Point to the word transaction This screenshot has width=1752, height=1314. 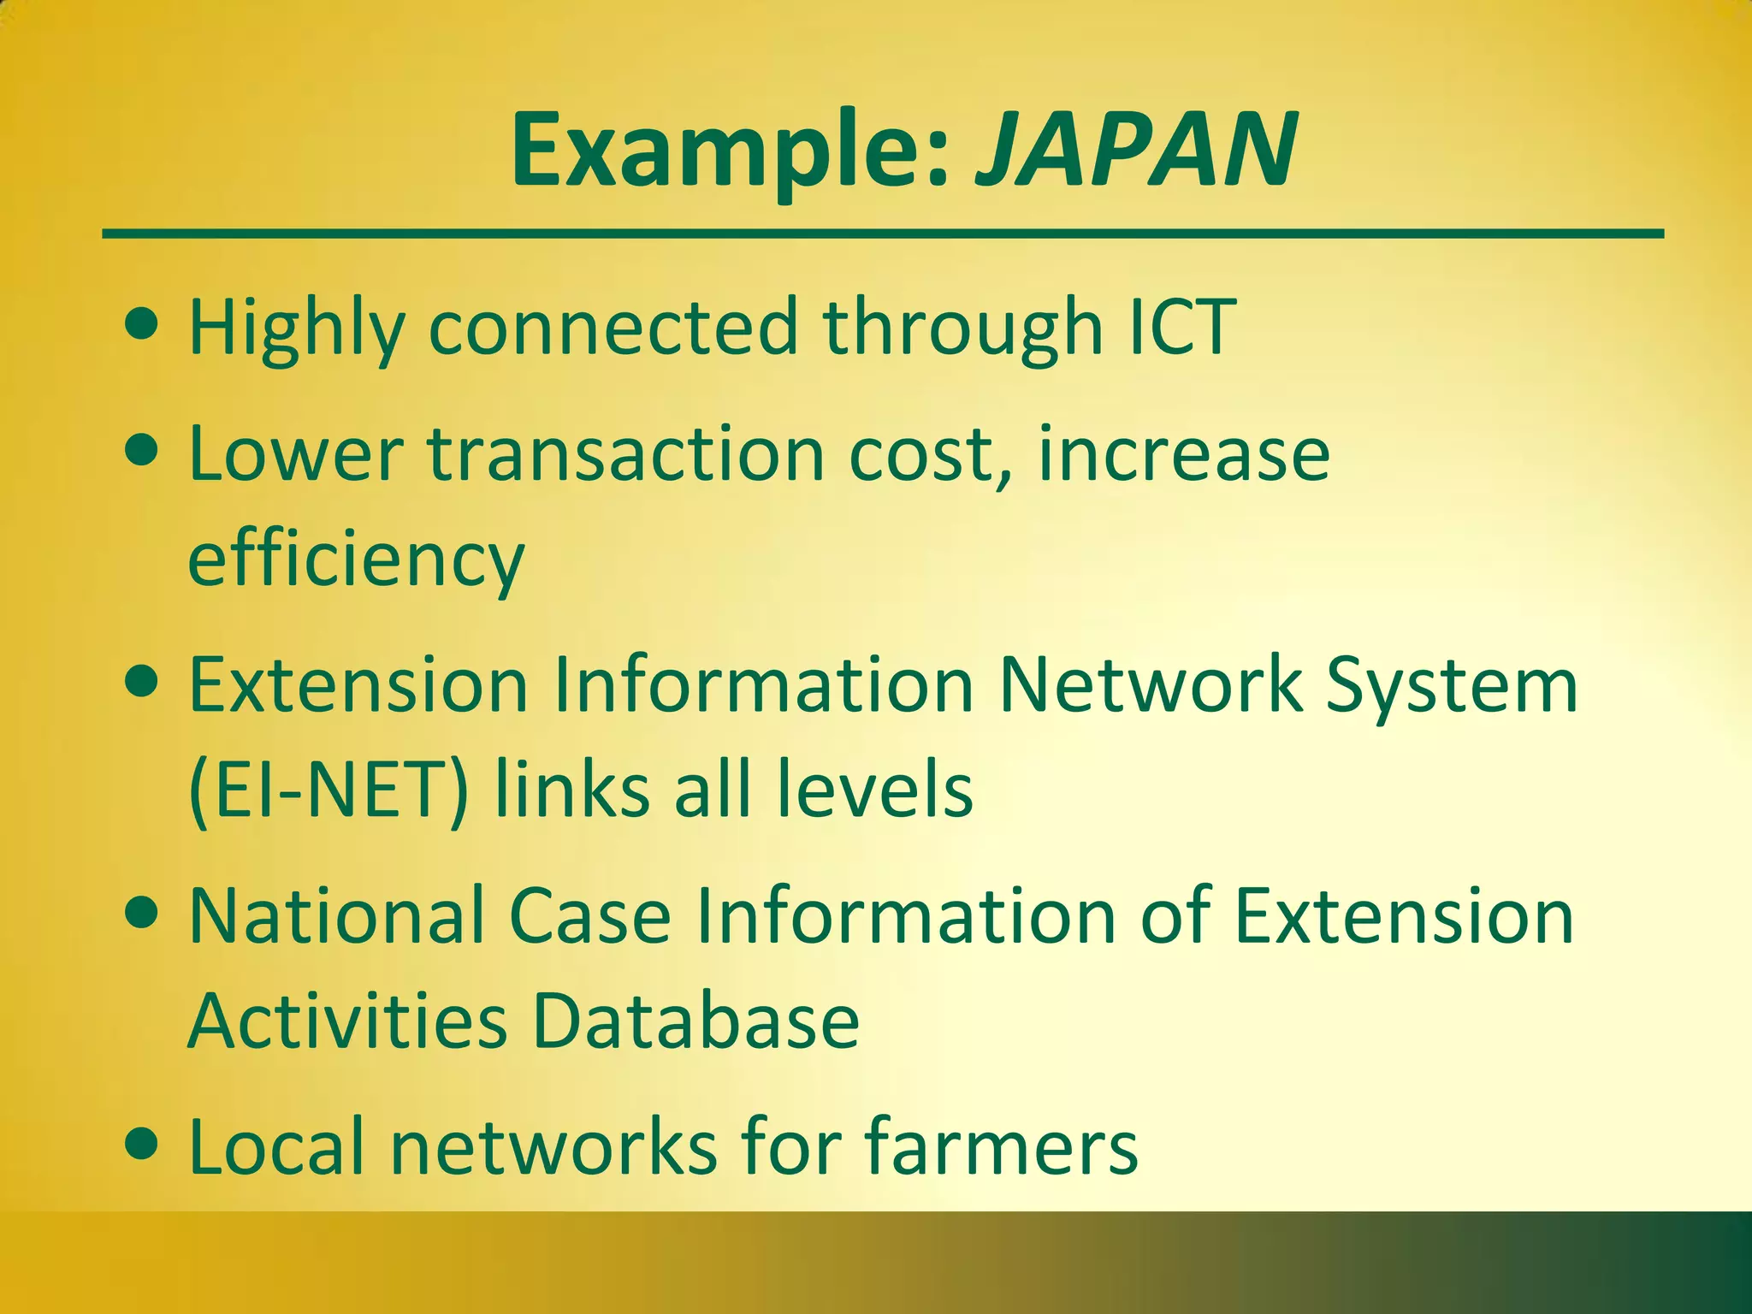tap(626, 454)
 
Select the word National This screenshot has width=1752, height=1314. tap(334, 916)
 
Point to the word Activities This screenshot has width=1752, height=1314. tap(347, 1021)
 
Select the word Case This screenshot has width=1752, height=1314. tap(589, 916)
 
